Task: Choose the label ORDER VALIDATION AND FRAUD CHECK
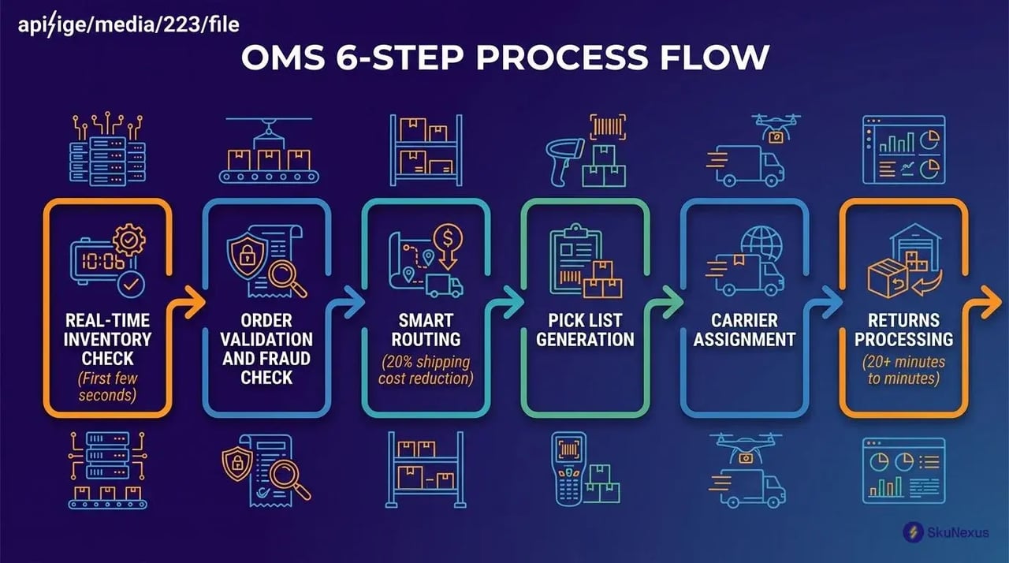pos(266,349)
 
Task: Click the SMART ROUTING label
pos(426,330)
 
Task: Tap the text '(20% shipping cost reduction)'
pos(426,371)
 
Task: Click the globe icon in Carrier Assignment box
pos(763,241)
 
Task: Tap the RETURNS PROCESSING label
pos(903,330)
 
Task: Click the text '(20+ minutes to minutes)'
pos(903,371)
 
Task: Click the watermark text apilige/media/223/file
pos(128,25)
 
